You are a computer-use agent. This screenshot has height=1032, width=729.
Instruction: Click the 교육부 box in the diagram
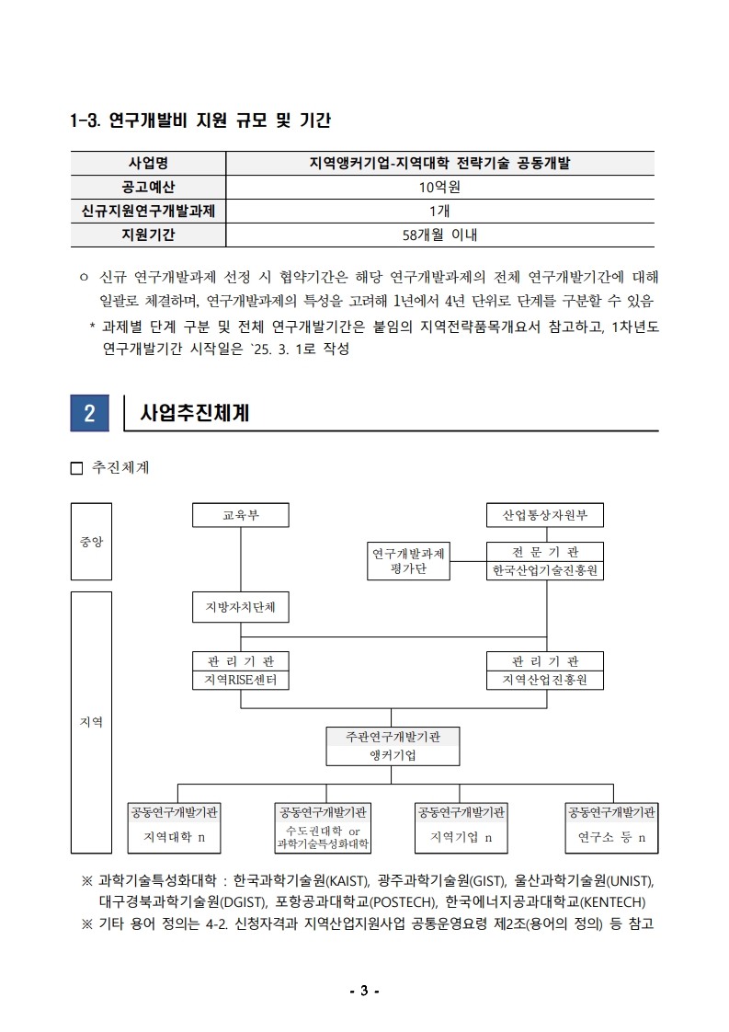click(240, 515)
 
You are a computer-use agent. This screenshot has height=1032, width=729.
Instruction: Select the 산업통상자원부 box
click(545, 515)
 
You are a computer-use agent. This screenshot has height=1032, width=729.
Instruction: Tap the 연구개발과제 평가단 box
click(409, 561)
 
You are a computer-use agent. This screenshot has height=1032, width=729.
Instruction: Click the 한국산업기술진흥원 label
click(545, 571)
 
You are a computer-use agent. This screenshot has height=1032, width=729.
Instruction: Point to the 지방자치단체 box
click(240, 607)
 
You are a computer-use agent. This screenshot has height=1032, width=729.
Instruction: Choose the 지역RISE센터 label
click(240, 681)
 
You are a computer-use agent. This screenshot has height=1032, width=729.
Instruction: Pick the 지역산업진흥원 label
click(545, 681)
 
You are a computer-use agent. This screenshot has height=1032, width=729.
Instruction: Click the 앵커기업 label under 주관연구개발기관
click(393, 755)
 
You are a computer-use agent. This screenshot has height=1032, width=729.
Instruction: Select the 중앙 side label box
click(91, 542)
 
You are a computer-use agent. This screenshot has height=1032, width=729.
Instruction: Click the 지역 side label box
click(91, 722)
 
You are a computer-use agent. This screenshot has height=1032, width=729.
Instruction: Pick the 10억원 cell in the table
click(439, 187)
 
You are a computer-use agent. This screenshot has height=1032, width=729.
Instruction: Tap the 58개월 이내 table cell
click(439, 235)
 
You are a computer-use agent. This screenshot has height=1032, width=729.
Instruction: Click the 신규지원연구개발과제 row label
click(148, 211)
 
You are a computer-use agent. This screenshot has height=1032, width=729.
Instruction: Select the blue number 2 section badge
click(89, 413)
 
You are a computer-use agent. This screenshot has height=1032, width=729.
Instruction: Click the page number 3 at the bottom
click(364, 991)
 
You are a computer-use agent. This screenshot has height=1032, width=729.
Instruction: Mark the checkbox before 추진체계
click(76, 468)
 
